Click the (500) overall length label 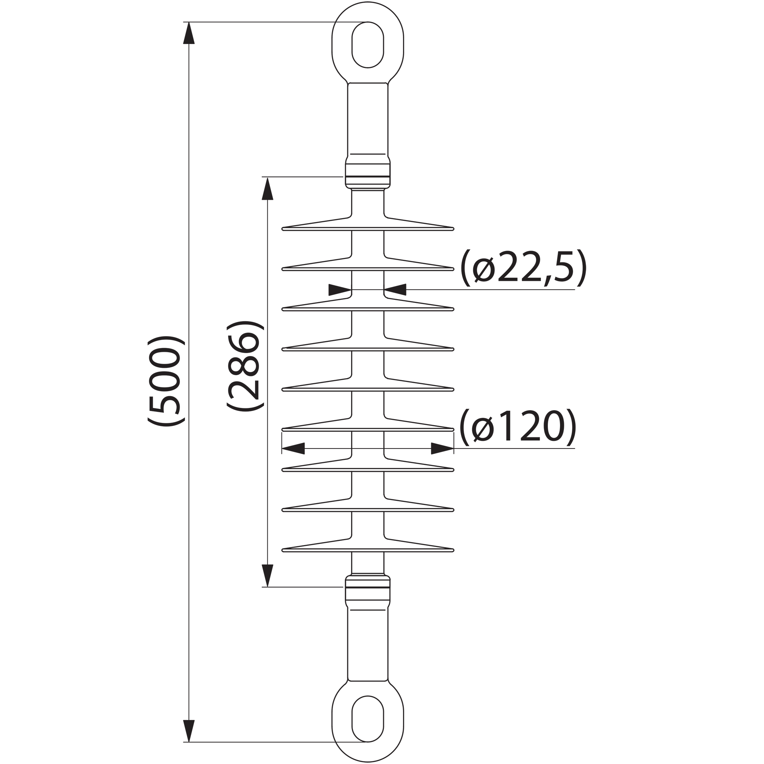coord(166,381)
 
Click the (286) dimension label coord(245,366)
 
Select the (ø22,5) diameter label coord(523,268)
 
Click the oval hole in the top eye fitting coord(368,45)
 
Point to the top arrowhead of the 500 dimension coord(189,33)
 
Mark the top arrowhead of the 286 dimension coord(268,189)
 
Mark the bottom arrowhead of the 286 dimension coord(268,576)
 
